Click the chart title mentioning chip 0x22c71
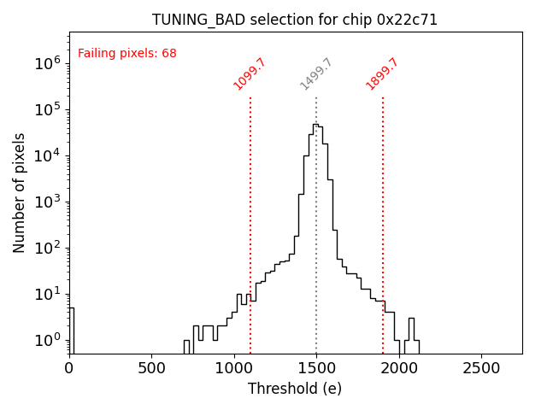tap(295, 20)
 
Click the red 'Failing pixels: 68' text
tap(127, 54)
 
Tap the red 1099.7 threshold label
tap(250, 74)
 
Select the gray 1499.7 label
tap(315, 74)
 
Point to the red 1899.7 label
tap(382, 74)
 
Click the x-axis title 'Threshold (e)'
tap(295, 389)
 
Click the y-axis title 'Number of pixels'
tap(20, 192)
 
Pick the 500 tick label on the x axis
tap(151, 367)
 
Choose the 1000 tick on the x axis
tap(233, 367)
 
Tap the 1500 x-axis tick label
tap(316, 367)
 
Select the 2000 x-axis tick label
tap(398, 367)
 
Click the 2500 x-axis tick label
tap(481, 367)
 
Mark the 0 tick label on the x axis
tap(69, 367)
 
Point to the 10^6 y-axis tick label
tap(48, 63)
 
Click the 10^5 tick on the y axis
tap(48, 109)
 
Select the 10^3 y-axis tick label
tap(48, 202)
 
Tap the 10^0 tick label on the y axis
tap(48, 340)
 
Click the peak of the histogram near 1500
tap(315, 125)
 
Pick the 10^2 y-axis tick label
tap(48, 248)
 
